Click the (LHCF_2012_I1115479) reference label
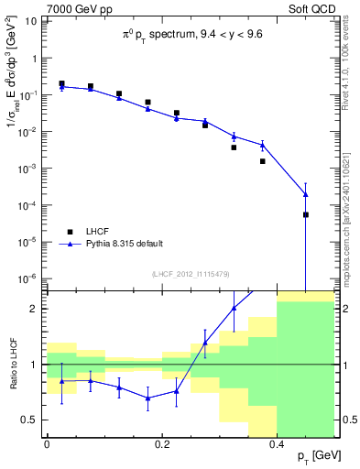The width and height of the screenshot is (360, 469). tap(190, 274)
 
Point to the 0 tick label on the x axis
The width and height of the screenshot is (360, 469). tap(46, 443)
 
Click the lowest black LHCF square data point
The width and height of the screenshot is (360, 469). tap(306, 214)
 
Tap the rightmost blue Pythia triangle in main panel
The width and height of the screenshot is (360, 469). tap(306, 194)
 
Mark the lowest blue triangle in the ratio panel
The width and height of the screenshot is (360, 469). tap(147, 398)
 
